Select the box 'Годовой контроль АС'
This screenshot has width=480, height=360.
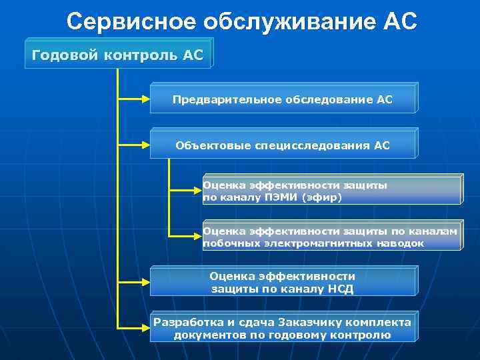pos(117,54)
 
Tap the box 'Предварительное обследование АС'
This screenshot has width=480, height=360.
pos(283,100)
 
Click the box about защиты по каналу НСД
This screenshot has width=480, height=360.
pos(283,283)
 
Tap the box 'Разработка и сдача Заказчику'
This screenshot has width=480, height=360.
pos(283,328)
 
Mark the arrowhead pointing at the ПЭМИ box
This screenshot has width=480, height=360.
pos(198,191)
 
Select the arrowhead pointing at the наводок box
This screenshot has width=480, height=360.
pos(198,235)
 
